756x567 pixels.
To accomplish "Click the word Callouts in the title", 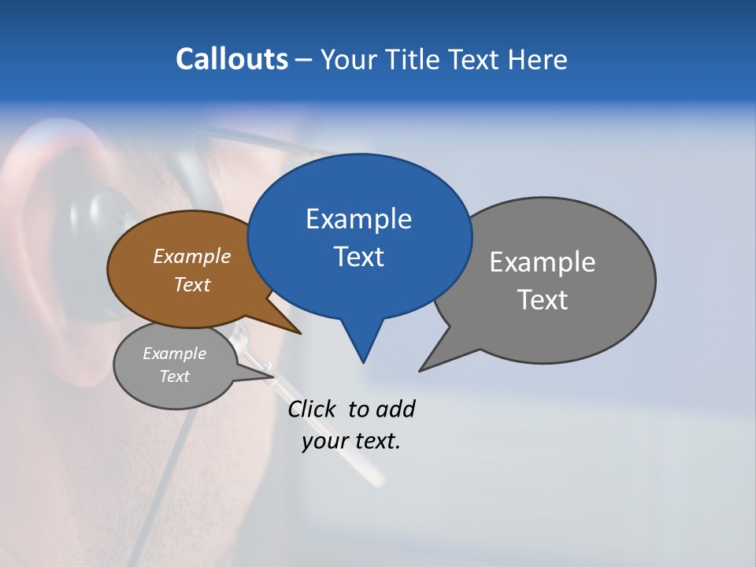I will coord(232,59).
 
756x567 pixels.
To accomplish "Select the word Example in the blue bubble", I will coord(358,219).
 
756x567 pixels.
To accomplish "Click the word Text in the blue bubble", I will coord(358,257).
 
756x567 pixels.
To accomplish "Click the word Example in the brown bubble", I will coord(191,257).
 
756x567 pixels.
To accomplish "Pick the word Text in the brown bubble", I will coord(191,284).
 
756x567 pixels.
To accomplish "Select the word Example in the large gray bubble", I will coord(542,262).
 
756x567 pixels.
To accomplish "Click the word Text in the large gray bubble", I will coord(542,300).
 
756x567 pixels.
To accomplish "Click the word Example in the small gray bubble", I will coord(174,354).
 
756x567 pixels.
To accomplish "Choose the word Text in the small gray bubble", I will coord(174,376).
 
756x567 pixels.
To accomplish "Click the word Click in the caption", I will coord(313,409).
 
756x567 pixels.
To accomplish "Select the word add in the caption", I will coord(395,409).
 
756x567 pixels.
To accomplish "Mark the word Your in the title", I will coord(350,59).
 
